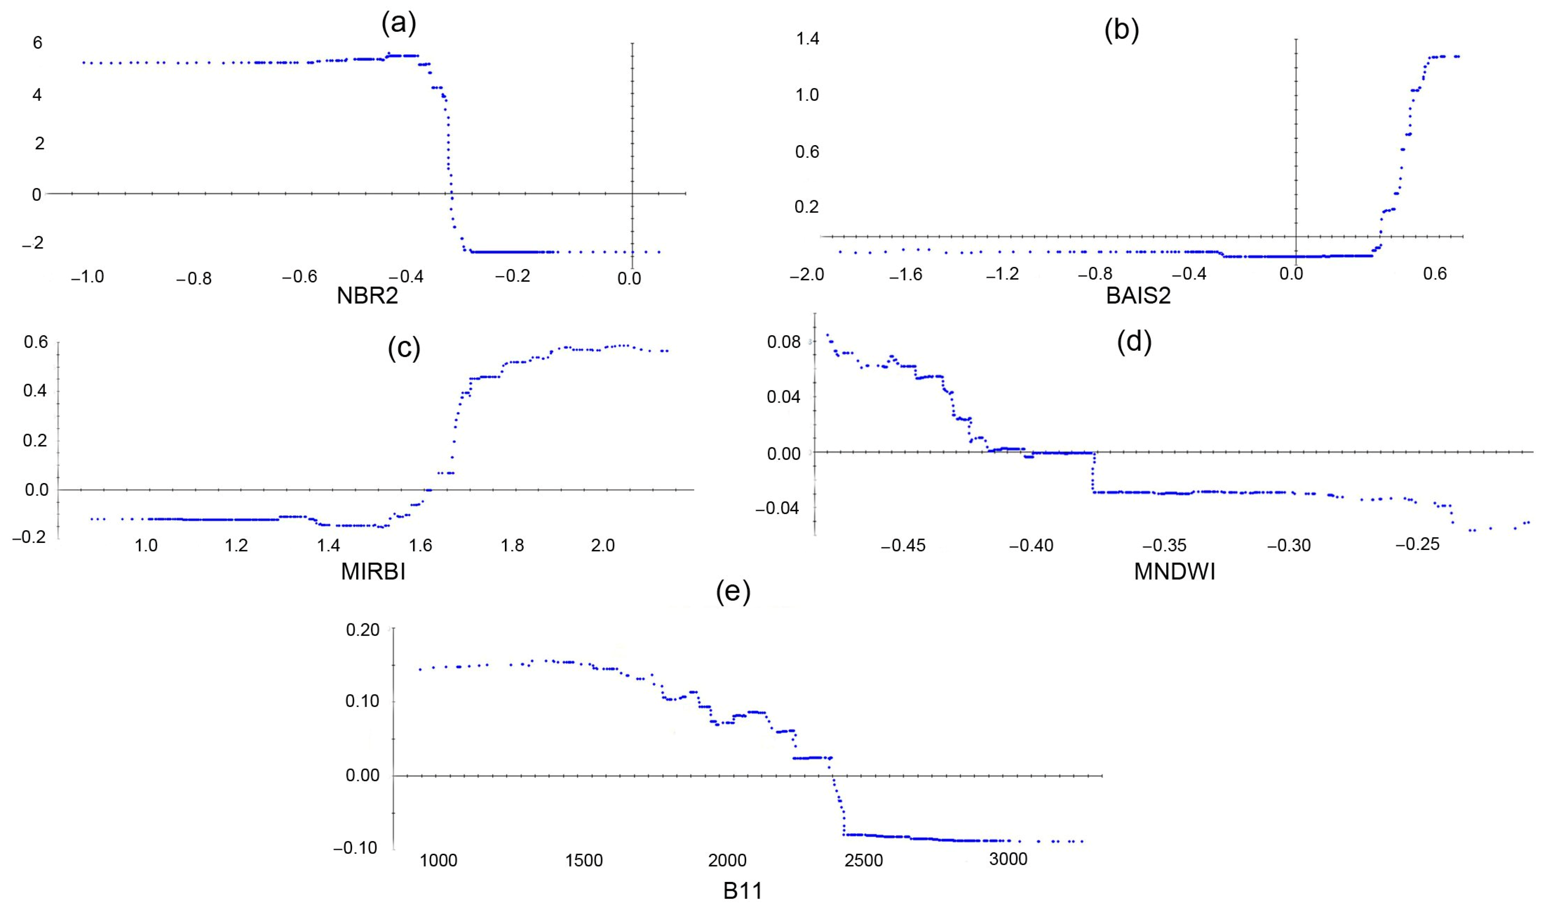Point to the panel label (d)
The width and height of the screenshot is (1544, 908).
[1134, 342]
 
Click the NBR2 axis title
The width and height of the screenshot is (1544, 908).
[367, 297]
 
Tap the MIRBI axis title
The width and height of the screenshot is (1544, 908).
[373, 572]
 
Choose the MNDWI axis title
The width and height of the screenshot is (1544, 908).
[1174, 572]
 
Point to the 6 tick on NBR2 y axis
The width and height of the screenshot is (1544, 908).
[38, 42]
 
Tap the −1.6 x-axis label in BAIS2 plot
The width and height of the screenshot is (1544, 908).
[906, 274]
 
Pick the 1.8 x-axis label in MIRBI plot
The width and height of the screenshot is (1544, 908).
[512, 545]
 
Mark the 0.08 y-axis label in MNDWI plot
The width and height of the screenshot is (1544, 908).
[784, 342]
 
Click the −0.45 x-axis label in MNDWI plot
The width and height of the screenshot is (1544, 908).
[903, 545]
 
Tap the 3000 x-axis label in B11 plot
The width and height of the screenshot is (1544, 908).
[1008, 859]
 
